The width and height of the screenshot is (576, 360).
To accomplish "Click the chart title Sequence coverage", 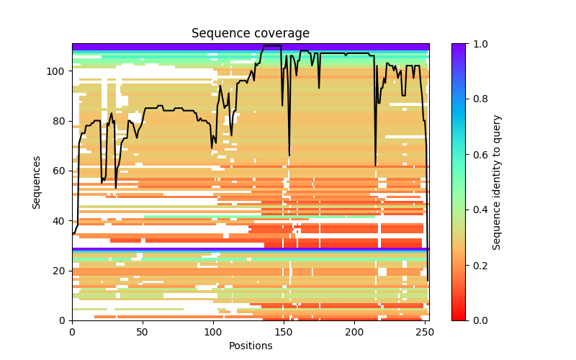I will pos(250,34).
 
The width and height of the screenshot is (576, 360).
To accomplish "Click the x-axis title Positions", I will pos(250,346).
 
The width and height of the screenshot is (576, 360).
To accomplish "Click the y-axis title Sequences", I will pos(37,182).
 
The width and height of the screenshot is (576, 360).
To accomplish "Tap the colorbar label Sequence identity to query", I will pos(497,182).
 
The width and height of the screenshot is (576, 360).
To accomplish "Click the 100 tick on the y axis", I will pos(58,71).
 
